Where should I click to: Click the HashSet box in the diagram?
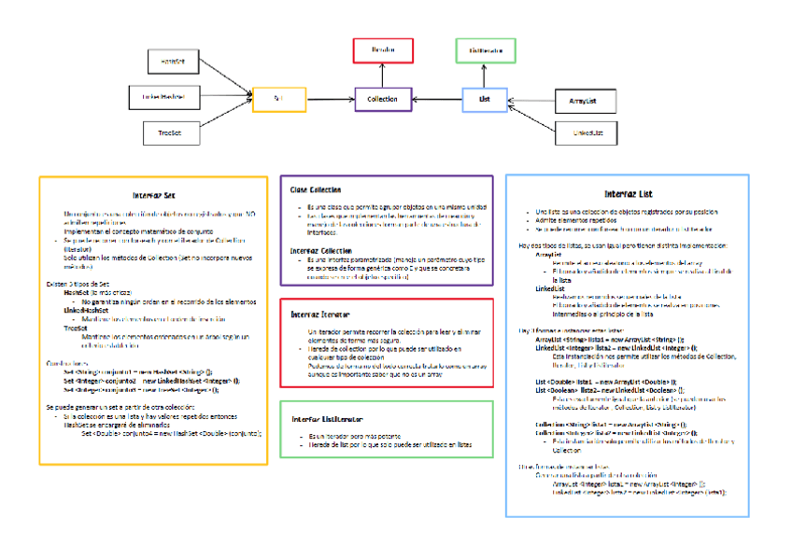(174, 61)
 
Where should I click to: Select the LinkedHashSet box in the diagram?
(164, 97)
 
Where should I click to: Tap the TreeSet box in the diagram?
(170, 133)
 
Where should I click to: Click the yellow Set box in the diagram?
(279, 98)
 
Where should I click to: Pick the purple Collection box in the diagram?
(383, 99)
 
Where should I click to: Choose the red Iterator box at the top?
(383, 50)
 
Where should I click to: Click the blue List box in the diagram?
(485, 99)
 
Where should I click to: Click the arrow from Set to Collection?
(331, 99)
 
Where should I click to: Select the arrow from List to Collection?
(437, 99)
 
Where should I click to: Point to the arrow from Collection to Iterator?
(383, 75)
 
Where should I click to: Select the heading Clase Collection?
(315, 190)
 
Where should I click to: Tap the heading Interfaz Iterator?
(320, 314)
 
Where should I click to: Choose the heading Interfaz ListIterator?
(326, 419)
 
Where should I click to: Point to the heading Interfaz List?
(627, 193)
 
